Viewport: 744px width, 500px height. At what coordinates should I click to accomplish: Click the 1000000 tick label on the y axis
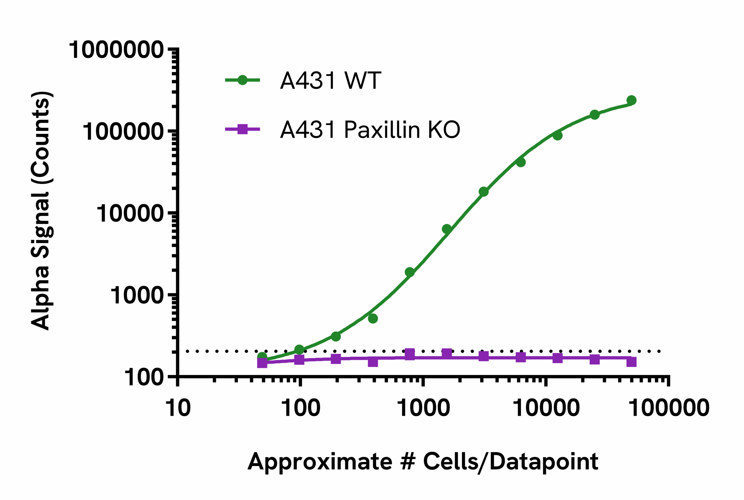click(x=116, y=50)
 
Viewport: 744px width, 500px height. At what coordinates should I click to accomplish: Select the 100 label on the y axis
click(x=144, y=378)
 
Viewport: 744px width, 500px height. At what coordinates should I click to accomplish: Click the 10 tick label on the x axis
click(x=178, y=408)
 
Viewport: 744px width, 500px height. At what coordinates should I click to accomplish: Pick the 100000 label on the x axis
click(x=669, y=408)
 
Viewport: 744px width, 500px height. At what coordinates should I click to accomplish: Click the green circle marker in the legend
click(x=242, y=80)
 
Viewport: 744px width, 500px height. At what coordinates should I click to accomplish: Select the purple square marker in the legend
click(x=242, y=129)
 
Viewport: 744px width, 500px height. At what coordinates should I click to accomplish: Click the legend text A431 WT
click(x=330, y=80)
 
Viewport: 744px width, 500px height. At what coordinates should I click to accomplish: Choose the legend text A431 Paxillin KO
click(x=370, y=130)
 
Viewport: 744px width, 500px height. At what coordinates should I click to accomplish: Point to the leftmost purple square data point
click(x=262, y=362)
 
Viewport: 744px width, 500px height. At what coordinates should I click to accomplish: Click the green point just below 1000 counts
click(x=373, y=319)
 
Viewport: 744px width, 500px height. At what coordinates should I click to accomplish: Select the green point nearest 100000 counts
click(x=557, y=135)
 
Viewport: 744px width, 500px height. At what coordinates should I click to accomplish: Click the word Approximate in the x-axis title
click(x=320, y=461)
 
